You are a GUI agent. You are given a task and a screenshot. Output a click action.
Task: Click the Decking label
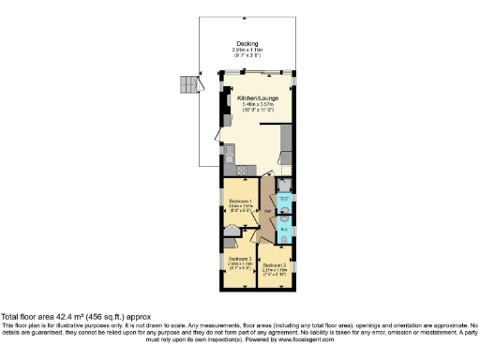coord(247,43)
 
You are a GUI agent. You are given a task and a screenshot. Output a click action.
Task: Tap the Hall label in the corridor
coord(268,212)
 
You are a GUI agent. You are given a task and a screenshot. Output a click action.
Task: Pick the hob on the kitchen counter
coord(241,170)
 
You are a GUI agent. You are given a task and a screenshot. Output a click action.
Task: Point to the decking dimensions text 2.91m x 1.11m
coord(247,50)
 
